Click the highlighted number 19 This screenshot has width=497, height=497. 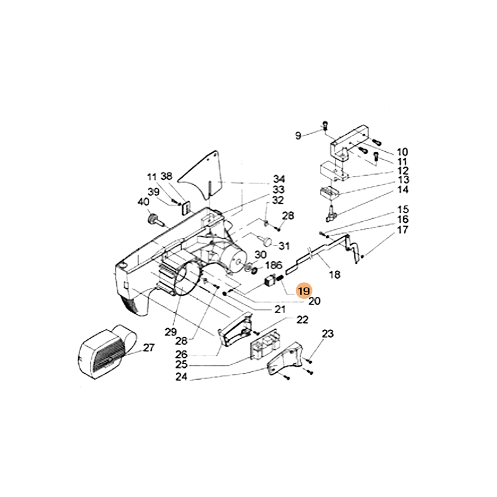click(x=304, y=291)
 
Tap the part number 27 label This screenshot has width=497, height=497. click(x=148, y=348)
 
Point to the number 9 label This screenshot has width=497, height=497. click(x=298, y=135)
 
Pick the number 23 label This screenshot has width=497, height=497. click(x=327, y=334)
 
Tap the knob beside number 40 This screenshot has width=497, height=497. click(x=153, y=219)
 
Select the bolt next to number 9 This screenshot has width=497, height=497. click(x=325, y=126)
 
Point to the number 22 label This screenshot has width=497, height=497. click(x=302, y=320)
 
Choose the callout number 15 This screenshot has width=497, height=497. click(x=403, y=209)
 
